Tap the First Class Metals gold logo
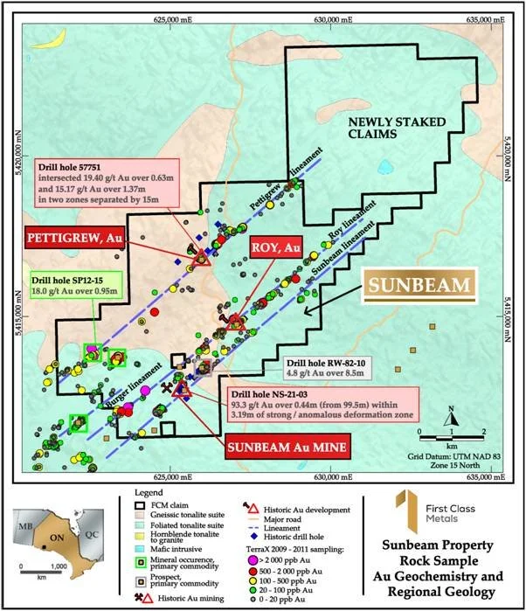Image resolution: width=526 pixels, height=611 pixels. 398,507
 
